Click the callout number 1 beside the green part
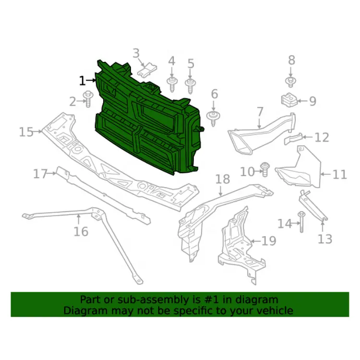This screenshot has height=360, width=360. (x=82, y=81)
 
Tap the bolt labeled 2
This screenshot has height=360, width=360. (x=88, y=99)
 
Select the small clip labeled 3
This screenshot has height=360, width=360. (x=147, y=70)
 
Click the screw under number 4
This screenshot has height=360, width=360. (x=172, y=84)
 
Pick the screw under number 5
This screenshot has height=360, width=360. (x=190, y=86)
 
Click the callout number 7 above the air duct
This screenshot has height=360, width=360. (x=260, y=112)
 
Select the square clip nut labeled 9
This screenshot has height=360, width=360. (x=289, y=100)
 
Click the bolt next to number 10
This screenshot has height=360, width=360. (x=264, y=169)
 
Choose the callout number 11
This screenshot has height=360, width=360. (x=339, y=175)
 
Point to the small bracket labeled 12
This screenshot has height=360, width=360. (x=293, y=138)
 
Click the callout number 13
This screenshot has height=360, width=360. (x=325, y=239)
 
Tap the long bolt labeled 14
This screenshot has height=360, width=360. (x=301, y=222)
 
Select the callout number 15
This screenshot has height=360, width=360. (x=26, y=132)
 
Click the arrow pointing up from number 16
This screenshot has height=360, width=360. (x=79, y=219)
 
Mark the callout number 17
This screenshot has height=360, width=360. (x=40, y=174)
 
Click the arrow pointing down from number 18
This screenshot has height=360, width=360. (x=220, y=191)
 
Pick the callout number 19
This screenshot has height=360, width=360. (x=269, y=241)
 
